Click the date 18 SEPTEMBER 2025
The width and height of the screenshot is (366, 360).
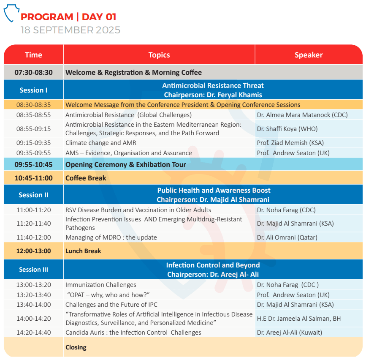tap(70, 30)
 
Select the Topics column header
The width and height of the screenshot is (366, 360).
tap(159, 55)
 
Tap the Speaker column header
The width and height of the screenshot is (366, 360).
tap(309, 55)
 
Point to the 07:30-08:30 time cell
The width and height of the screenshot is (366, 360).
tap(34, 72)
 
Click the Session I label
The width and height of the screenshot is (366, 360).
tap(34, 90)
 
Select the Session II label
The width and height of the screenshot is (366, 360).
tap(34, 195)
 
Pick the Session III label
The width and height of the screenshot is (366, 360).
tap(34, 270)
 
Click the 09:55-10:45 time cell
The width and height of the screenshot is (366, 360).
tap(34, 164)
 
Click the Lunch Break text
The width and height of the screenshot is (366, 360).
tap(83, 251)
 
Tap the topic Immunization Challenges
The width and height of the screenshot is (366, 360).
tap(101, 285)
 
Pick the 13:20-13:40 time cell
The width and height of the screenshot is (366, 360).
tap(34, 295)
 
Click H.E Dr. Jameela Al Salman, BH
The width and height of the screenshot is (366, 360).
tap(299, 319)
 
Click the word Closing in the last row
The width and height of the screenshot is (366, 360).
tap(76, 347)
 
